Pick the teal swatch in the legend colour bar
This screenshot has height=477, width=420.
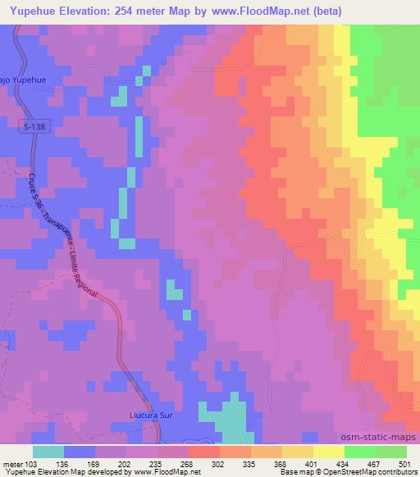coord(48,451)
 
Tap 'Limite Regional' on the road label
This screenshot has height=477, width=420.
coord(84,271)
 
